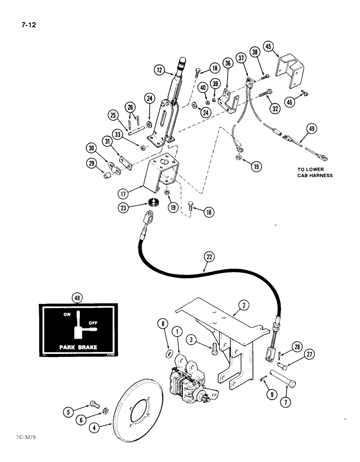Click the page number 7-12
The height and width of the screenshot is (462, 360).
pos(29,24)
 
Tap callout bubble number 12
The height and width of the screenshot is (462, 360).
pos(159,70)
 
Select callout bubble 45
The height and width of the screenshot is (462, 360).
pos(269,47)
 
